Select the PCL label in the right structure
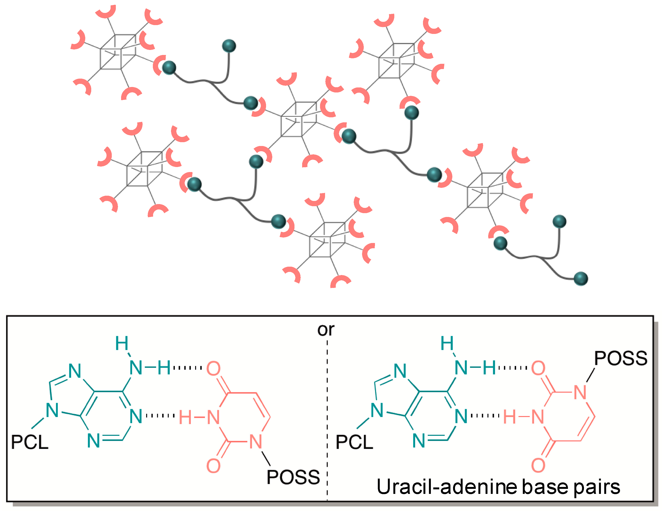[x=354, y=442]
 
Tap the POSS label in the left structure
[x=293, y=477]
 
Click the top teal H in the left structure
[x=122, y=344]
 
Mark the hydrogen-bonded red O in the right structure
[x=538, y=368]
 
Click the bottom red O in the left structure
[x=214, y=466]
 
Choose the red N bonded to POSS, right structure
[x=580, y=392]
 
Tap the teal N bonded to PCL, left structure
[x=52, y=411]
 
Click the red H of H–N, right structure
[x=510, y=417]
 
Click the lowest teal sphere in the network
[x=580, y=279]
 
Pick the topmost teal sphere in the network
[x=229, y=46]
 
